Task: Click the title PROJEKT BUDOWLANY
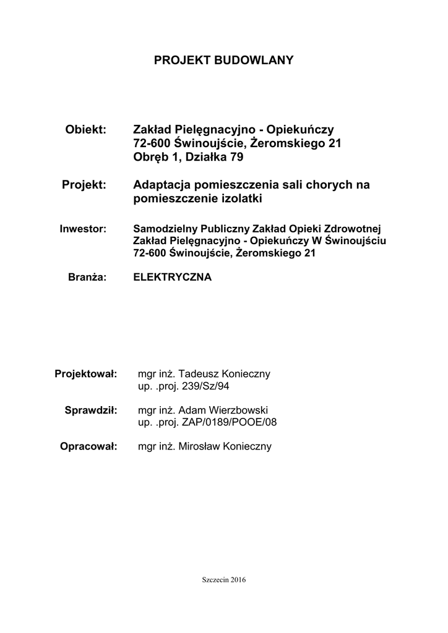223,60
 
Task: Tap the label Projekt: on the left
85,185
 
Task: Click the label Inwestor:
84,228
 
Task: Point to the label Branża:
88,278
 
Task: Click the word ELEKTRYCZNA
173,278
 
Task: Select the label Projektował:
86,375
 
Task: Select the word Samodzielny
163,228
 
